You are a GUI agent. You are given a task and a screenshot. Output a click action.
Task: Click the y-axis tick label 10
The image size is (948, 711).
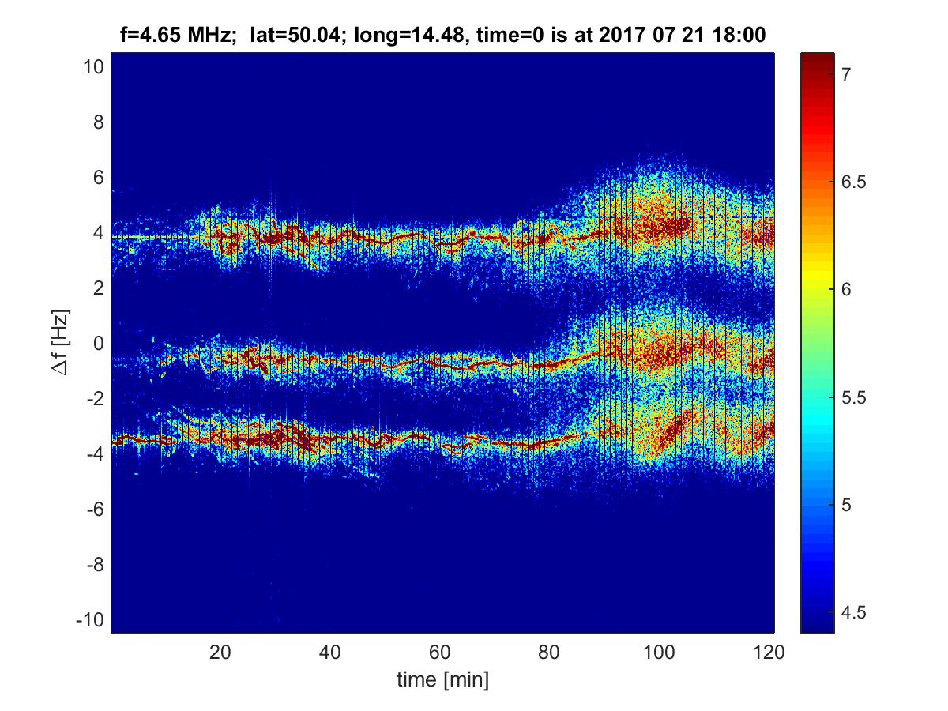click(x=93, y=67)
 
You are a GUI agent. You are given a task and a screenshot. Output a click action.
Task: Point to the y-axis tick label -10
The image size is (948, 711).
click(x=90, y=620)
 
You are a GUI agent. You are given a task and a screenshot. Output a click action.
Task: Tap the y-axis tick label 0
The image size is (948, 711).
click(x=99, y=343)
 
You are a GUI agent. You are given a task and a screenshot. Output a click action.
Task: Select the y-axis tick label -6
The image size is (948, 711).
click(x=95, y=510)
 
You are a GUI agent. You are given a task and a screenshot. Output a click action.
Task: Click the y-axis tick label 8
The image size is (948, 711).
click(x=99, y=122)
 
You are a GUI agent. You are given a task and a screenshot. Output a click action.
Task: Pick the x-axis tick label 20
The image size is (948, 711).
click(x=220, y=653)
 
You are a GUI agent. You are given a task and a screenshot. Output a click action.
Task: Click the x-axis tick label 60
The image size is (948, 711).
click(x=440, y=653)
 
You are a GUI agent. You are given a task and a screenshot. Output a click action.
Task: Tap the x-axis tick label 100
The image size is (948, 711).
click(x=659, y=653)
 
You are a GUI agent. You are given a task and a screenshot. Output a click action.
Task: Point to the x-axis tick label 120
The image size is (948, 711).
click(x=769, y=653)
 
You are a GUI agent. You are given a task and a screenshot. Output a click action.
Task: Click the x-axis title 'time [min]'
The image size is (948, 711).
click(x=442, y=680)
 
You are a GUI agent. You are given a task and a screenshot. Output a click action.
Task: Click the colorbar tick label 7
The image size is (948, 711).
click(x=846, y=75)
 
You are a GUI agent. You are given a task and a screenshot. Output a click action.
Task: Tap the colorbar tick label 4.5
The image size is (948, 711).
click(x=853, y=612)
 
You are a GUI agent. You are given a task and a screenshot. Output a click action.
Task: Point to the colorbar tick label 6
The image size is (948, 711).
click(x=846, y=289)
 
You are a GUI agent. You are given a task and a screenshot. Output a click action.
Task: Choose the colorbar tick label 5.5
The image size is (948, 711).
click(x=853, y=397)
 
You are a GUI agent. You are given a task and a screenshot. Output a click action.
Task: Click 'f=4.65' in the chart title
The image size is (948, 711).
click(x=150, y=35)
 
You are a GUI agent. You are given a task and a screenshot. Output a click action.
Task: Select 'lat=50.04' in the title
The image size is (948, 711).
click(x=295, y=35)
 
